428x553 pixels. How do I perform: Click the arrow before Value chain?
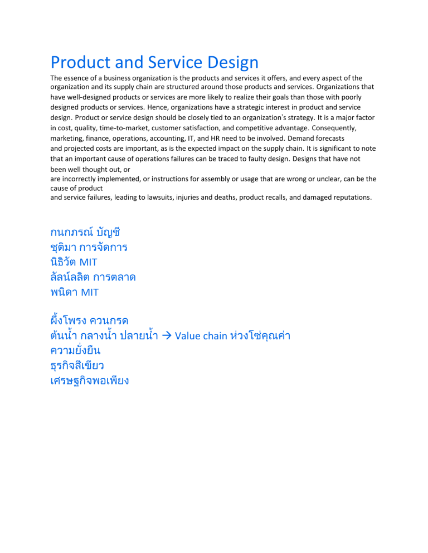coord(166,336)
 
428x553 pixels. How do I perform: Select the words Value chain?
coord(200,336)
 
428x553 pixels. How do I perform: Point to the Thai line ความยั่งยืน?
coord(75,351)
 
